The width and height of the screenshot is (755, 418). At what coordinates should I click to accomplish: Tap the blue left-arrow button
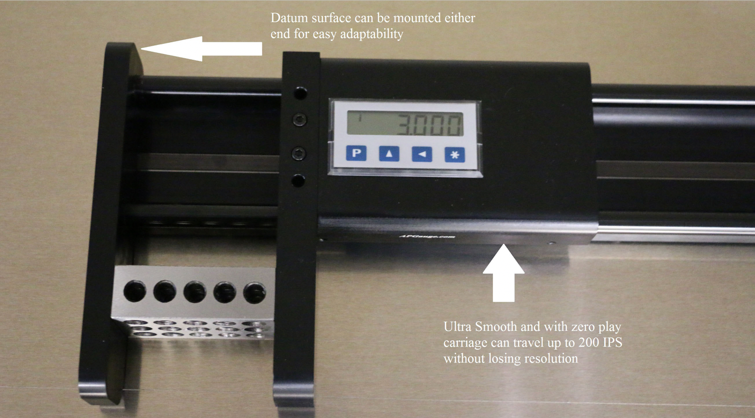click(422, 154)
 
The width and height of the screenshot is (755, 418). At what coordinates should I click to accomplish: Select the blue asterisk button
click(454, 154)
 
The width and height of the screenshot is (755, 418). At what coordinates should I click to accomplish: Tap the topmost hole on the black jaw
click(300, 94)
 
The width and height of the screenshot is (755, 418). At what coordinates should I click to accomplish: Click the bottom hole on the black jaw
click(299, 181)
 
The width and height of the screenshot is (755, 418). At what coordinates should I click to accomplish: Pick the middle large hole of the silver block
click(195, 291)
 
